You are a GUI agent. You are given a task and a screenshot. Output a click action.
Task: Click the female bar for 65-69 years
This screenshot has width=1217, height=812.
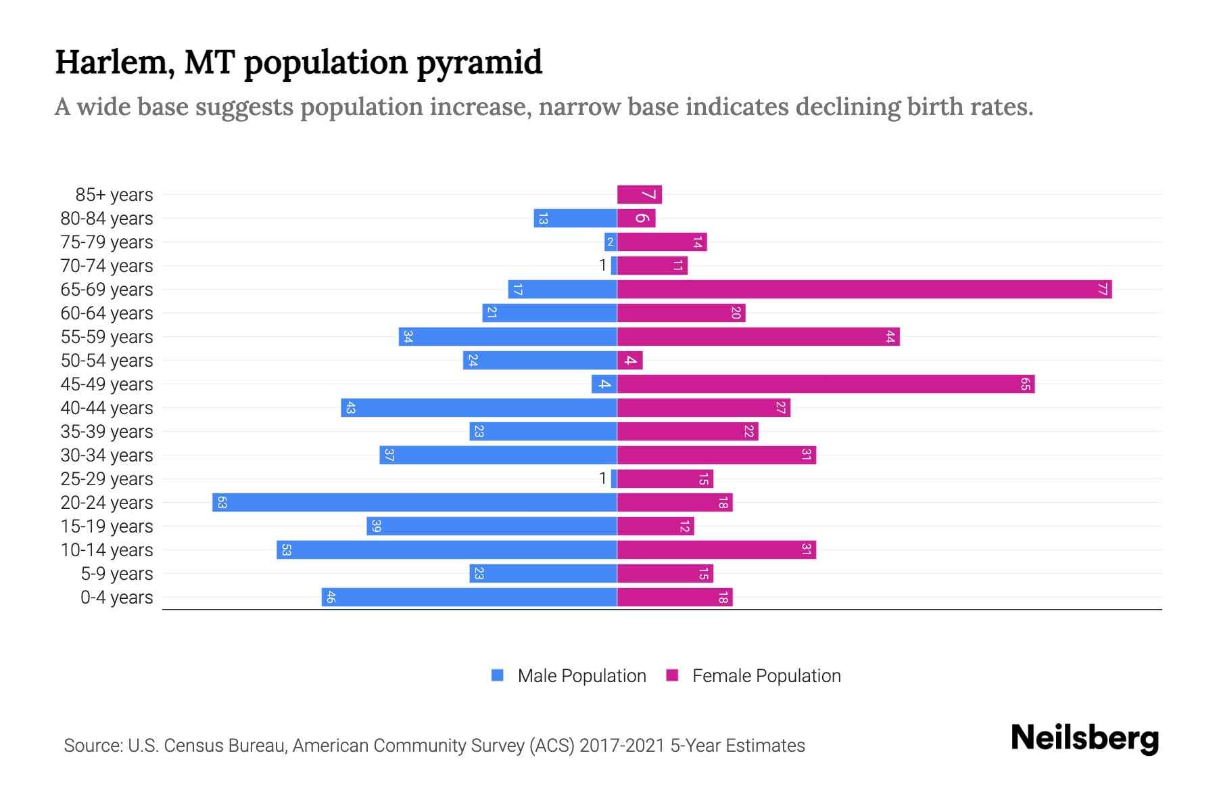pos(864,290)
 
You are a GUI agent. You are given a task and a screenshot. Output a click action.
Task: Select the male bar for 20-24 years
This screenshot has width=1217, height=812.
pos(414,503)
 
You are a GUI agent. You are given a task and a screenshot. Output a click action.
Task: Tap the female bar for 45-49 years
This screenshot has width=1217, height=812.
pos(826,384)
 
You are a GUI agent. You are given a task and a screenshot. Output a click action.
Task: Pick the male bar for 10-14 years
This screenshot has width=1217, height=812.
pos(447,550)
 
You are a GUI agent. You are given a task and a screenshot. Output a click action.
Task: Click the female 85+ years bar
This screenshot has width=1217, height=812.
pos(639,195)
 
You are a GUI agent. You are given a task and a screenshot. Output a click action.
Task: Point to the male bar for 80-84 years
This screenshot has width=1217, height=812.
pos(575,219)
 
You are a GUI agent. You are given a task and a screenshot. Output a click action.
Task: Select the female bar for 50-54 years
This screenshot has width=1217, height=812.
pos(629,361)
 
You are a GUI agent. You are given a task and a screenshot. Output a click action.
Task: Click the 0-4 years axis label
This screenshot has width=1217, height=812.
pos(116,597)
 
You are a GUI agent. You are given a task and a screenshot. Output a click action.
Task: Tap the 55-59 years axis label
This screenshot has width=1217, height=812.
pos(107,337)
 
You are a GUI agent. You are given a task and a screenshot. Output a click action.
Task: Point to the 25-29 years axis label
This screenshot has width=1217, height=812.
pos(107,479)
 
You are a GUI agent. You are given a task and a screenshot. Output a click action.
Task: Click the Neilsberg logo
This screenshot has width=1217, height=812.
pos(1084,738)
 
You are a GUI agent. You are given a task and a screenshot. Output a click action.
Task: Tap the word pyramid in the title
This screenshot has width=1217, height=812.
pos(479,63)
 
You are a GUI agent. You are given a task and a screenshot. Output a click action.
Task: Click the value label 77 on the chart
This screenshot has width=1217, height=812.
pos(1102,290)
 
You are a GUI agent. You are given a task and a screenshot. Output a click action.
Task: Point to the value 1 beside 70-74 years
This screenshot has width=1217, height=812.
pos(602,266)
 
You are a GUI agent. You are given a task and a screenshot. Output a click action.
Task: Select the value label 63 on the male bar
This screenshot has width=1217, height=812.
pos(222,503)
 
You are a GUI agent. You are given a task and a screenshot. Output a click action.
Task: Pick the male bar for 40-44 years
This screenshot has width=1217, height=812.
pos(479,408)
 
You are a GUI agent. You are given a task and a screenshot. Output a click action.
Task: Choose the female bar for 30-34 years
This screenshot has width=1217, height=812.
pos(717,455)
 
